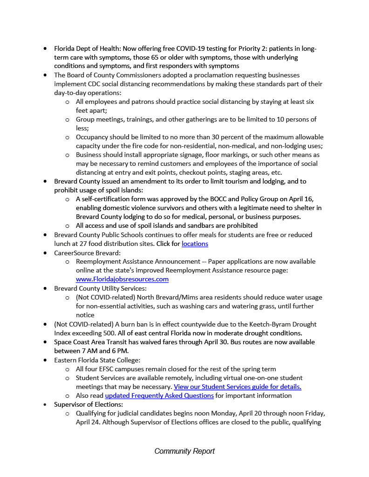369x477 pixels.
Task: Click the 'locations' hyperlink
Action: (195, 244)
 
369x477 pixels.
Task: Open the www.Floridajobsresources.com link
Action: (122, 279)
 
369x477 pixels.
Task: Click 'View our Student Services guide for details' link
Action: (238, 387)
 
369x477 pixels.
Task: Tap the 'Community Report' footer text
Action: (184, 451)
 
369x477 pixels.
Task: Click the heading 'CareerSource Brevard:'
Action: (87, 252)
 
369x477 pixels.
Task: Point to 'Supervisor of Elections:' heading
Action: (89, 404)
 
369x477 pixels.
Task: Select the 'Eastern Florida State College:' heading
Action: (95, 360)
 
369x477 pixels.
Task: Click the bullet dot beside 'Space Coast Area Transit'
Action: (45, 342)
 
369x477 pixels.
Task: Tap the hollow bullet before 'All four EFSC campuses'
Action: (68, 369)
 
